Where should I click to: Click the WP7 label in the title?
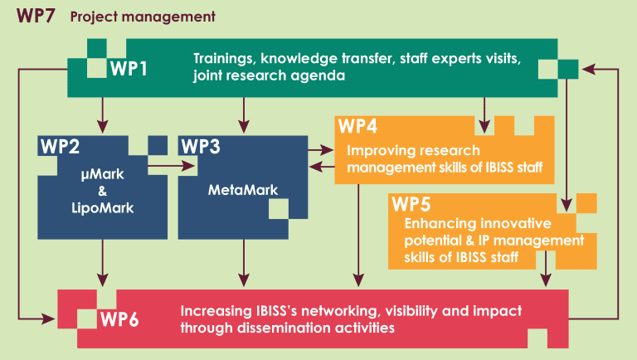pyautogui.click(x=36, y=16)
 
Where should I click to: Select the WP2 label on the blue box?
pyautogui.click(x=60, y=147)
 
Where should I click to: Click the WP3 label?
pyautogui.click(x=201, y=147)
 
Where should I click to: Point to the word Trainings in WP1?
pyautogui.click(x=224, y=59)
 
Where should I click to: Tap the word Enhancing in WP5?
pyautogui.click(x=436, y=224)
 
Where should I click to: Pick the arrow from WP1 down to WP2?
pyautogui.click(x=102, y=114)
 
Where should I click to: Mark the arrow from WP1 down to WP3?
pyautogui.click(x=243, y=114)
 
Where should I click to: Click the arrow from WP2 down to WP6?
pyautogui.click(x=102, y=262)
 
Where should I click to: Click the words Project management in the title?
pyautogui.click(x=143, y=16)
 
